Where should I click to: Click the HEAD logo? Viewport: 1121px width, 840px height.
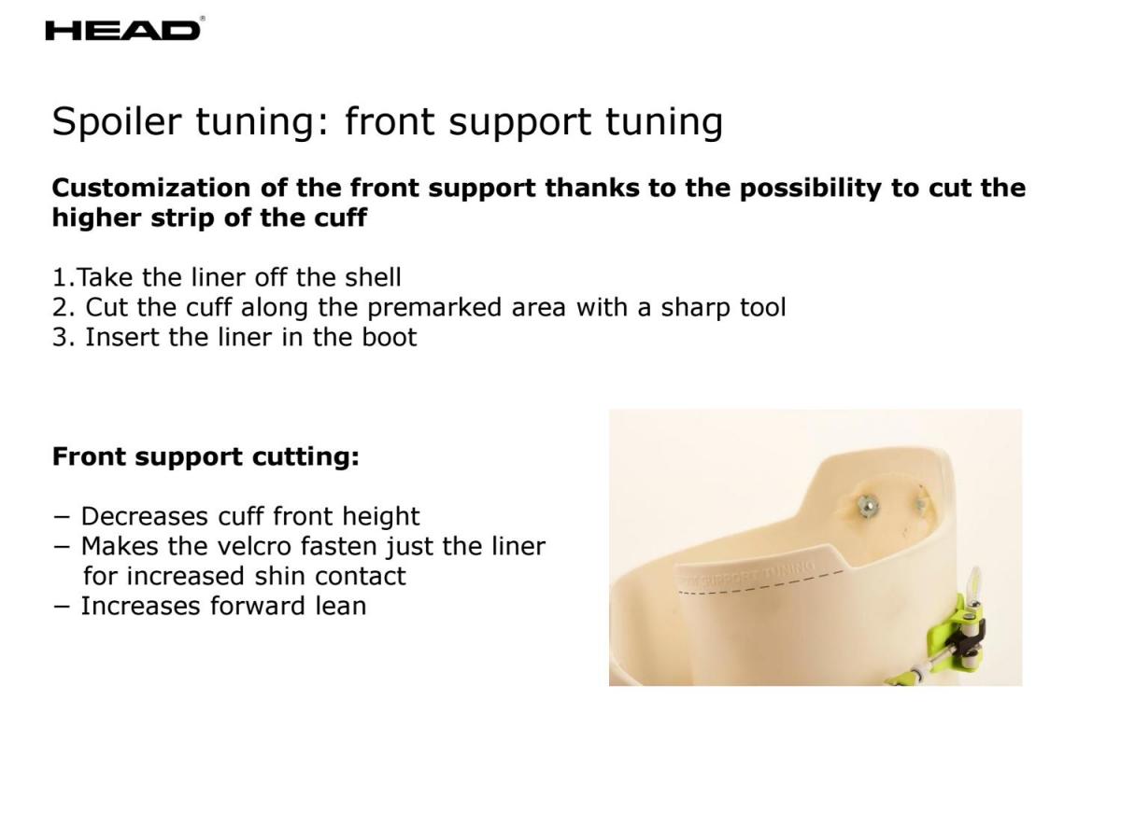click(x=122, y=30)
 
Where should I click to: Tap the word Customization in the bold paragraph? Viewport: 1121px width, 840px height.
click(x=151, y=188)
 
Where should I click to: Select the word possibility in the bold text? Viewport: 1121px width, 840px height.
click(x=810, y=189)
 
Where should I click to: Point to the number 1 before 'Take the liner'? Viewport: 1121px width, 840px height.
click(x=60, y=278)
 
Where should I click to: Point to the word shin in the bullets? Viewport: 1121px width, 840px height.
click(x=280, y=577)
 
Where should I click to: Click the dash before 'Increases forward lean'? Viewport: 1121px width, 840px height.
click(x=62, y=608)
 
